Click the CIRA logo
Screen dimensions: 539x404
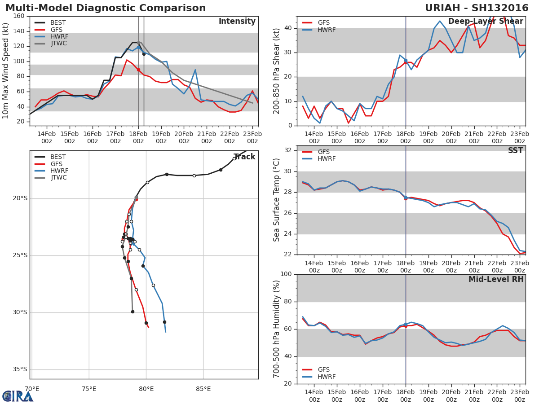click(17, 396)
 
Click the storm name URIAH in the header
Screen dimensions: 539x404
click(442, 8)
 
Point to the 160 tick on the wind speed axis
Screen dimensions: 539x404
click(19, 16)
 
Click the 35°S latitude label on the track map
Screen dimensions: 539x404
click(20, 369)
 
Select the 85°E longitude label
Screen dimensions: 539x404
click(203, 389)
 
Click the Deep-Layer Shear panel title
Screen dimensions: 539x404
click(486, 22)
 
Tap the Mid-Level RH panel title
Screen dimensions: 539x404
click(496, 279)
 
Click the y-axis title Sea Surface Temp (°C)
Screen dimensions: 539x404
click(276, 200)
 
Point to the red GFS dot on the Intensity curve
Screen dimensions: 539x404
click(138, 70)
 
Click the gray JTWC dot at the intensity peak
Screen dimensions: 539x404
click(138, 43)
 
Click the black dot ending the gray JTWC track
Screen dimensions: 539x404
click(133, 312)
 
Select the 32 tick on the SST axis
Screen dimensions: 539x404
click(287, 150)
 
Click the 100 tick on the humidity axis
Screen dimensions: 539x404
click(286, 274)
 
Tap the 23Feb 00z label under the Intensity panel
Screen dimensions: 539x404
click(252, 138)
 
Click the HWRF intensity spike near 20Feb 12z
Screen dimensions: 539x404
click(195, 70)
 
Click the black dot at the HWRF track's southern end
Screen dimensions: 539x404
click(164, 322)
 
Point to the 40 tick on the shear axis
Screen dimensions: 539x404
click(288, 28)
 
